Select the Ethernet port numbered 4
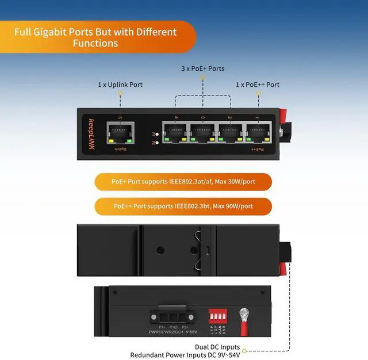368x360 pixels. tap(175, 132)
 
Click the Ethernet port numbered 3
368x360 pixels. tap(202, 132)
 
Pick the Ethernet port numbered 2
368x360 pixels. tap(229, 132)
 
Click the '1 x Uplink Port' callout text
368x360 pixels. tap(120, 85)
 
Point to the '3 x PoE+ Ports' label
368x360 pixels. tap(203, 68)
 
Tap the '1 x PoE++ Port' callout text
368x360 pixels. tap(258, 85)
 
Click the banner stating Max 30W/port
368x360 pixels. tap(183, 182)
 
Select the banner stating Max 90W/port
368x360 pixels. tap(183, 206)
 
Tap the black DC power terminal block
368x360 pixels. tap(171, 315)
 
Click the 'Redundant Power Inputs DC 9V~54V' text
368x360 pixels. tap(185, 355)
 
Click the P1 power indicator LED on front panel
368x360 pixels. tap(156, 133)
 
